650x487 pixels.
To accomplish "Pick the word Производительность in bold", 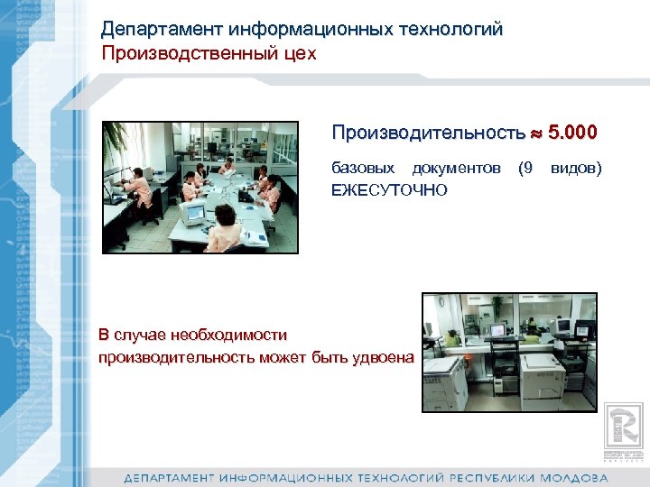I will tap(427, 133).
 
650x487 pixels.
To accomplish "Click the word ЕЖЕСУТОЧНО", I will tap(389, 189).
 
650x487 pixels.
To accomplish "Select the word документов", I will tap(456, 168).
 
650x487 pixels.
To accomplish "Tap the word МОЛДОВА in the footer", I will tap(574, 476).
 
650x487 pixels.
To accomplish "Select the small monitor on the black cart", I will tap(497, 331).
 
